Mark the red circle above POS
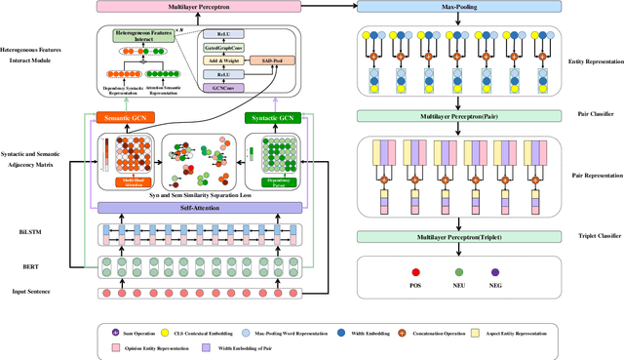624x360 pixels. coord(388,272)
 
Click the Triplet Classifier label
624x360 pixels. coord(587,237)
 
